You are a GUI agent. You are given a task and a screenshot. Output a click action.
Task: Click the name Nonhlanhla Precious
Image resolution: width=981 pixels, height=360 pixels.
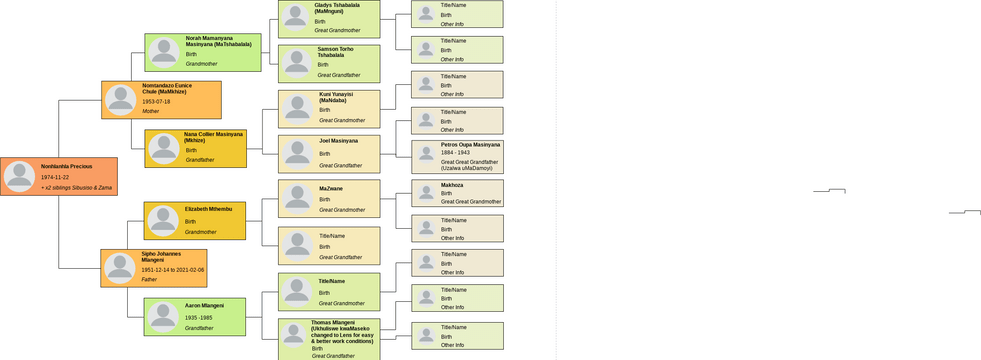coord(68,166)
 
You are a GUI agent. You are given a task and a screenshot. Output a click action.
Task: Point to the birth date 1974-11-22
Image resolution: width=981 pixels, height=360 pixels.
coord(55,177)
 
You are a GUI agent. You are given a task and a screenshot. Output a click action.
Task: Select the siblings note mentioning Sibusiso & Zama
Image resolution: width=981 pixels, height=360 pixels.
coord(77,188)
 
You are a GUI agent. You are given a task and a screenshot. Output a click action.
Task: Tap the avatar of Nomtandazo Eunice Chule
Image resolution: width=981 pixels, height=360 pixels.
coord(121,100)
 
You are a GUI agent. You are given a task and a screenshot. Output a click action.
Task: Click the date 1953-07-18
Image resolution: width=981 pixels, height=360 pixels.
coord(156,102)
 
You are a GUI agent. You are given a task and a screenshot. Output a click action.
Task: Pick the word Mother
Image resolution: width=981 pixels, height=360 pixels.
coord(150,112)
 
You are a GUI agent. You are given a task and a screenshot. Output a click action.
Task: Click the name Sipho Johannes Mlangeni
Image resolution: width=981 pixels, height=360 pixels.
coord(161,257)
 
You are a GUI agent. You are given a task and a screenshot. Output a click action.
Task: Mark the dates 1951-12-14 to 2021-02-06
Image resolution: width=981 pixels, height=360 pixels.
coord(172,270)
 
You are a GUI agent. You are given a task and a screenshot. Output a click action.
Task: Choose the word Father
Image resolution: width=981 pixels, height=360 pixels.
coord(149,280)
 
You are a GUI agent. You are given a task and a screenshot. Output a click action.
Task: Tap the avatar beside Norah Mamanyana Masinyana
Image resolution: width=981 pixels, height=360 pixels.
coord(164,52)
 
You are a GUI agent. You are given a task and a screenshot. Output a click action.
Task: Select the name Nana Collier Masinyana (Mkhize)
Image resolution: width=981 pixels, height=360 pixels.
coord(213,137)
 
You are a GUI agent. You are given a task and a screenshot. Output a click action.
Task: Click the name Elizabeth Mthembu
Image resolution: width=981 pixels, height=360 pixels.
coord(208,209)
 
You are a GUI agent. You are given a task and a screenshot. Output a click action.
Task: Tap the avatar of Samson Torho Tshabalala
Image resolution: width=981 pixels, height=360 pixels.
coord(296,62)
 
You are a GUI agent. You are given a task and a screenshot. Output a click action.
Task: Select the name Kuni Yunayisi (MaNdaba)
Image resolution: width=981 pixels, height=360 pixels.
coord(336,97)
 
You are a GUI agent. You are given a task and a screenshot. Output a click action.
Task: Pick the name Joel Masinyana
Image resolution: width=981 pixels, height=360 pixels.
coord(338,141)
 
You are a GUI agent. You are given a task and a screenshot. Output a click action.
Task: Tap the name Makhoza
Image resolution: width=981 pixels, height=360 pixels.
coord(452,185)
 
